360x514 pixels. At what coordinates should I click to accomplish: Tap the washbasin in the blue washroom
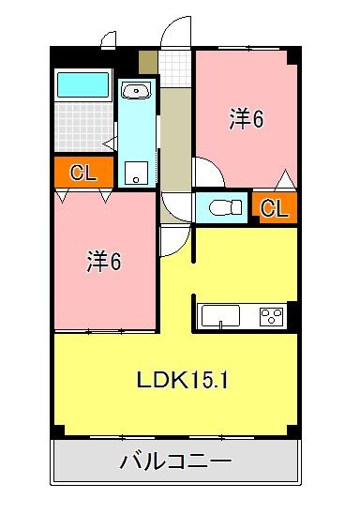[x=137, y=92]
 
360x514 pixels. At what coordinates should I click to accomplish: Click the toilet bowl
[x=220, y=206]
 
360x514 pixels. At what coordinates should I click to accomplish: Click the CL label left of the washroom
[x=82, y=174]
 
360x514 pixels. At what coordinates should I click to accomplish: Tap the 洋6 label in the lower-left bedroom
[x=104, y=263]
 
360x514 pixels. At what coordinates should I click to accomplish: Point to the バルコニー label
[x=176, y=462]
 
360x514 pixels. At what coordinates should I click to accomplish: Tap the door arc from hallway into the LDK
[x=173, y=241]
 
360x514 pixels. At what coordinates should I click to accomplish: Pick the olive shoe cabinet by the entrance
[x=148, y=62]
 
